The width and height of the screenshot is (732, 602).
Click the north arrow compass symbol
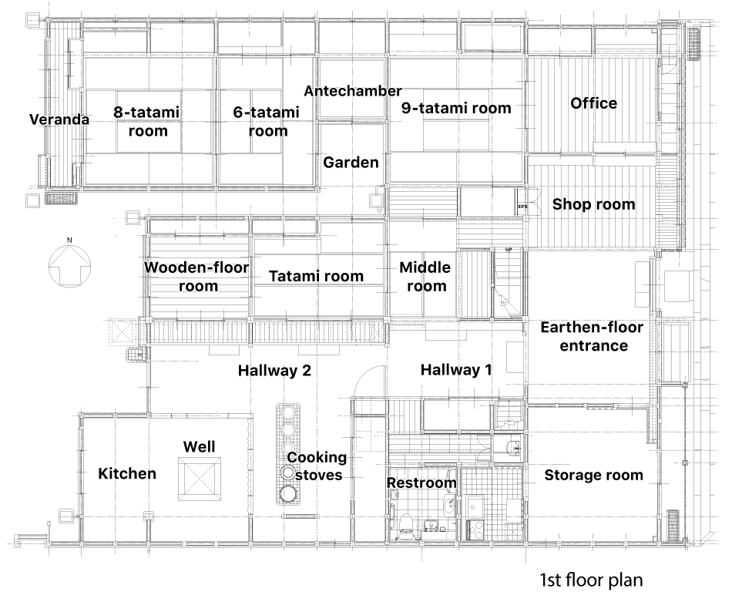click(x=69, y=266)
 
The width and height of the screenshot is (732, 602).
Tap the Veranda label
click(x=59, y=119)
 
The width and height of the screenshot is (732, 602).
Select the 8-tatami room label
click(x=147, y=122)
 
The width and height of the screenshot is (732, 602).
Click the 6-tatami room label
click(x=267, y=122)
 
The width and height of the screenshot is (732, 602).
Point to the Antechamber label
click(x=353, y=91)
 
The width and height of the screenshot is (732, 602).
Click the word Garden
click(x=351, y=163)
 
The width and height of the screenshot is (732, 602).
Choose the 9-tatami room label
click(x=456, y=109)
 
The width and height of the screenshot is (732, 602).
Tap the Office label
click(x=594, y=103)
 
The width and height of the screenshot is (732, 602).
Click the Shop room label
click(x=594, y=204)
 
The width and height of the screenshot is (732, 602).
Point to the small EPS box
click(x=522, y=206)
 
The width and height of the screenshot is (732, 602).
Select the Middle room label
click(x=425, y=277)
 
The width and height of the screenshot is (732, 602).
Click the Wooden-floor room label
click(x=196, y=277)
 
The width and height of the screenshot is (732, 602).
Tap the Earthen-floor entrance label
click(x=592, y=336)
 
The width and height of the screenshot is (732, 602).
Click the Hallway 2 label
click(x=274, y=371)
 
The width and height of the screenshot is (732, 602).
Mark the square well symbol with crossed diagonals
click(x=200, y=479)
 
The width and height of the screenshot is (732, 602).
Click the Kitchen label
click(x=127, y=473)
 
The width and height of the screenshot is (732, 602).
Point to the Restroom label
click(x=421, y=483)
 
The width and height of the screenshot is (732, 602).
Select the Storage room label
click(x=594, y=476)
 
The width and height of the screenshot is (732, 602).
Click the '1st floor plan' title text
click(x=592, y=580)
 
